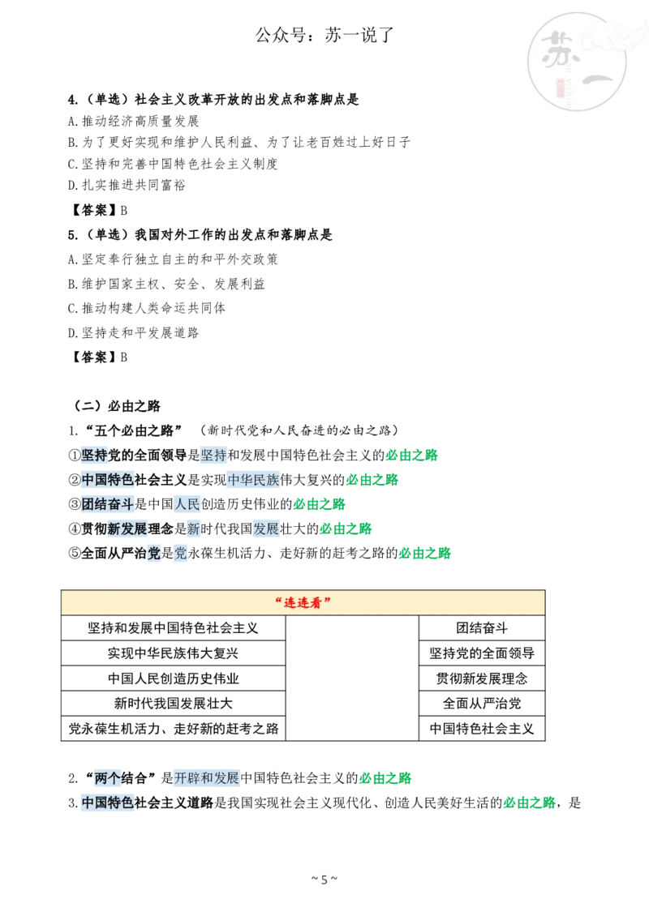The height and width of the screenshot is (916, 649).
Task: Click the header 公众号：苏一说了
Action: (324, 35)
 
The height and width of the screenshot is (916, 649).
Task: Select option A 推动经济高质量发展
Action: (133, 121)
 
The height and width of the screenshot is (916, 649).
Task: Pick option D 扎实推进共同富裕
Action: (127, 185)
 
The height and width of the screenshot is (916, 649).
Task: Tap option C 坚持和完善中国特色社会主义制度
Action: (173, 164)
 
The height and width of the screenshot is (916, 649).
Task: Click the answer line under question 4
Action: (97, 210)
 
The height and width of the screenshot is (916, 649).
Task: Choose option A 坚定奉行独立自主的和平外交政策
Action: (173, 259)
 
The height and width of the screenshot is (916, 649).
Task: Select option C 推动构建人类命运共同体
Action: (146, 308)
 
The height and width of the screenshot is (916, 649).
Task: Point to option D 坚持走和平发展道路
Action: (133, 332)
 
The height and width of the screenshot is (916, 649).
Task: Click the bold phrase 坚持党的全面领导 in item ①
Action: (134, 455)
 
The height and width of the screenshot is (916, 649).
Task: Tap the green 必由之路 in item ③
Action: (320, 504)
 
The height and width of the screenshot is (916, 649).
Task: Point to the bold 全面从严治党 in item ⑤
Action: (120, 553)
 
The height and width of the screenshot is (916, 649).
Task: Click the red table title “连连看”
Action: (303, 602)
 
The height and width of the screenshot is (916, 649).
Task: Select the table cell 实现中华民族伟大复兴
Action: (173, 653)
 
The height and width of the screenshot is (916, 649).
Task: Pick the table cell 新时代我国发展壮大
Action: (173, 704)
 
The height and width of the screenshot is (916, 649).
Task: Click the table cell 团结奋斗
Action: (482, 628)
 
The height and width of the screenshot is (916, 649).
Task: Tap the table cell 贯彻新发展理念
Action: (482, 678)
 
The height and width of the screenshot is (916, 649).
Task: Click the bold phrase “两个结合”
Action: (120, 778)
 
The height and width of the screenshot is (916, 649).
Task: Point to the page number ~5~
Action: (324, 880)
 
